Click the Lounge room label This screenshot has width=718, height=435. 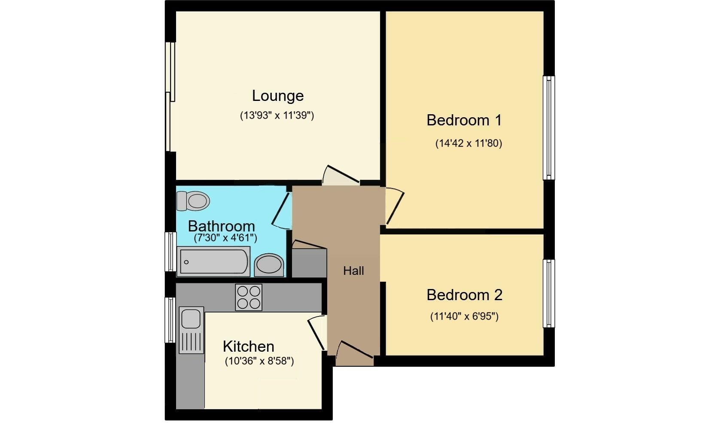[x=277, y=96]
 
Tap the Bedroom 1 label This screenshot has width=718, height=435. [x=464, y=120]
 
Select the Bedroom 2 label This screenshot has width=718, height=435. [x=464, y=295]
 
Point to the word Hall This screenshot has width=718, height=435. [x=353, y=271]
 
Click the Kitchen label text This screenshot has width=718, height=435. [x=248, y=346]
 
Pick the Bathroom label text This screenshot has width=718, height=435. [x=221, y=226]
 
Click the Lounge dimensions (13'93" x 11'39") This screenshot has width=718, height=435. [x=277, y=115]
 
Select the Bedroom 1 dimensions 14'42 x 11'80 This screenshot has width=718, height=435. [x=469, y=143]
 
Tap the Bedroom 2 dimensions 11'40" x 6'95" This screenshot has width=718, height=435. [x=464, y=316]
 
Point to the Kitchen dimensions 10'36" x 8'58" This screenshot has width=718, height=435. [x=259, y=361]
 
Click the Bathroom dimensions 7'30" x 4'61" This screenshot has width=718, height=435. [x=225, y=238]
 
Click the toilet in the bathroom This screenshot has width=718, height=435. [x=194, y=201]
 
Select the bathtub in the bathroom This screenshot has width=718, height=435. [x=214, y=261]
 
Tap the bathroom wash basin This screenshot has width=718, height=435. [x=269, y=265]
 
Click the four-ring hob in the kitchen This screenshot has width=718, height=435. [x=249, y=297]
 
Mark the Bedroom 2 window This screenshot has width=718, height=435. [x=548, y=293]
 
